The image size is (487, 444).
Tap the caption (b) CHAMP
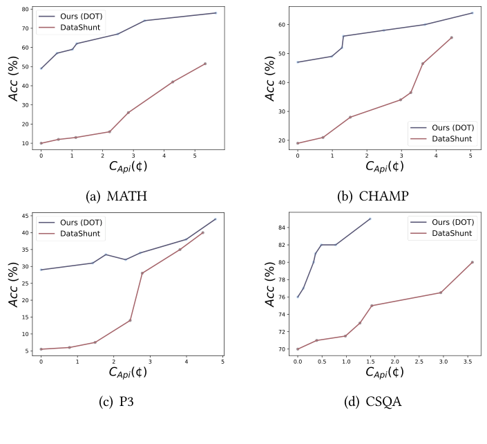click(x=374, y=196)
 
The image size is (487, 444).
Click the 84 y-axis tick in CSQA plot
click(x=280, y=228)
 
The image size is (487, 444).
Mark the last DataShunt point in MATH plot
click(x=205, y=64)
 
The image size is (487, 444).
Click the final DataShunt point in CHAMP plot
click(x=452, y=37)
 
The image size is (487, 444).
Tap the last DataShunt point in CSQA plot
click(x=472, y=262)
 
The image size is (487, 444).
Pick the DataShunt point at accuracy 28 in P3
click(x=142, y=273)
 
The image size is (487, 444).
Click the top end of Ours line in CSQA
click(x=370, y=219)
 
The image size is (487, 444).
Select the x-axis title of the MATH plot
click(x=131, y=167)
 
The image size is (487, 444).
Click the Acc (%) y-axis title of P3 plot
click(x=12, y=284)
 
